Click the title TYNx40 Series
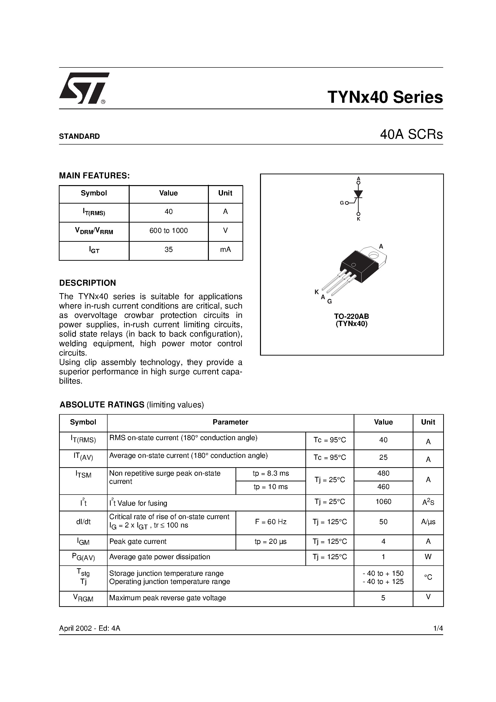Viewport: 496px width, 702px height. click(385, 97)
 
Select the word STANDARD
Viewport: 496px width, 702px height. click(79, 136)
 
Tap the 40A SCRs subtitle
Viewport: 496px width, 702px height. click(411, 134)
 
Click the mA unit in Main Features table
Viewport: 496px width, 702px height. click(225, 250)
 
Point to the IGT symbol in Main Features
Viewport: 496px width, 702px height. click(94, 250)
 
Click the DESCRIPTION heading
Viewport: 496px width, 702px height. click(87, 283)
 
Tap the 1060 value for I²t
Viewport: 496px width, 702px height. click(383, 502)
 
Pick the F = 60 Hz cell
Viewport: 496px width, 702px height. click(270, 522)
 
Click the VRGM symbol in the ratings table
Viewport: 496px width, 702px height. click(83, 598)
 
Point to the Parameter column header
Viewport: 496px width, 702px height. click(230, 422)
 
